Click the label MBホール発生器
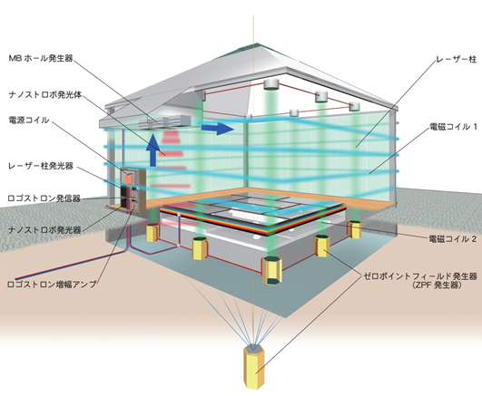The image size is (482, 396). click(x=41, y=58)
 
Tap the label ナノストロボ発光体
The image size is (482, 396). click(x=45, y=95)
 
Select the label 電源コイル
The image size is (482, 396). click(x=28, y=120)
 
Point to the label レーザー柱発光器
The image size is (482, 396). click(x=41, y=166)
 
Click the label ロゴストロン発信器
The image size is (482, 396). click(x=44, y=198)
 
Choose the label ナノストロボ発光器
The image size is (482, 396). click(x=44, y=230)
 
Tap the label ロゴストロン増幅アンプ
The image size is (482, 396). click(x=52, y=284)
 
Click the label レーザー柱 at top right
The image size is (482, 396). click(x=457, y=59)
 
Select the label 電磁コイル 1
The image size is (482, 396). click(x=453, y=127)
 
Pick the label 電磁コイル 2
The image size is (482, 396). click(x=453, y=238)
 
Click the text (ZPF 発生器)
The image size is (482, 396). click(x=438, y=285)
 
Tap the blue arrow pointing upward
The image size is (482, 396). click(x=152, y=150)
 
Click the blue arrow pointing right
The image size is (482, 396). click(x=218, y=128)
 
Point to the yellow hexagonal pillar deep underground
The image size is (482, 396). click(x=254, y=367)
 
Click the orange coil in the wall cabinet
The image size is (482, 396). click(x=130, y=178)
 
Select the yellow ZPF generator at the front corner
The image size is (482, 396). click(x=271, y=270)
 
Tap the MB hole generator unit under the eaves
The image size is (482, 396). click(x=164, y=121)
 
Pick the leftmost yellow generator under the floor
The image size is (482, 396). click(x=152, y=233)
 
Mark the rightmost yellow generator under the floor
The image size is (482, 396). click(x=355, y=229)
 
